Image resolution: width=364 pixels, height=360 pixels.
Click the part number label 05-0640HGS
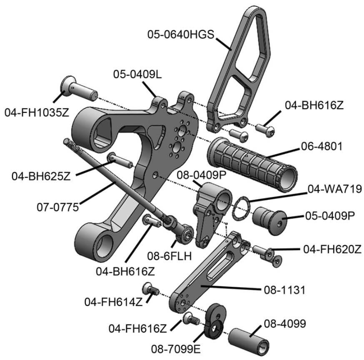180,34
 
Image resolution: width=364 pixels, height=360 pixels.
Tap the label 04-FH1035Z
37,112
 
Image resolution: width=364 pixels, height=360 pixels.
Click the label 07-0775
58,207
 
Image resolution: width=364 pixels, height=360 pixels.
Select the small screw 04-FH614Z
150,288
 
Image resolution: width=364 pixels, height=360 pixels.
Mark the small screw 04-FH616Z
192,319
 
